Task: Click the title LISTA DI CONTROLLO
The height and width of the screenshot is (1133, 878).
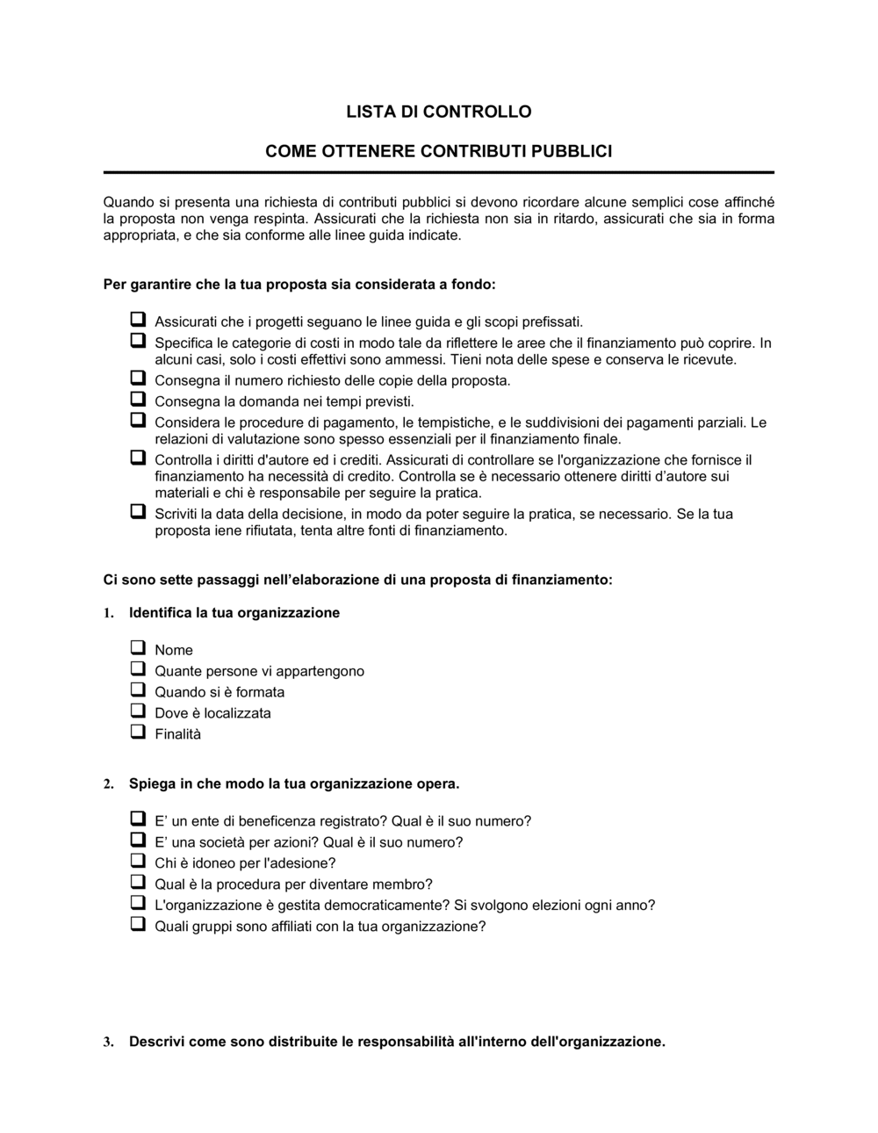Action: pyautogui.click(x=438, y=112)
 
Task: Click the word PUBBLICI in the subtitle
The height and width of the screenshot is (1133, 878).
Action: pyautogui.click(x=572, y=151)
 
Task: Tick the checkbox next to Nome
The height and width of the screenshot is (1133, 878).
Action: pyautogui.click(x=138, y=648)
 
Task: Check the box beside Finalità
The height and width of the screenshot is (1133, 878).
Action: pyautogui.click(x=138, y=732)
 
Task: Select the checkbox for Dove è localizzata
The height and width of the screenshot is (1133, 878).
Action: pyautogui.click(x=138, y=711)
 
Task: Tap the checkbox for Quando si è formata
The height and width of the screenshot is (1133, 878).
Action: pyautogui.click(x=138, y=690)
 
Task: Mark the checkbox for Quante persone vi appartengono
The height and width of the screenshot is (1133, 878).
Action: pyautogui.click(x=138, y=669)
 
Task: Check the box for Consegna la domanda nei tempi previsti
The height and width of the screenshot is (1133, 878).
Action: pyautogui.click(x=138, y=400)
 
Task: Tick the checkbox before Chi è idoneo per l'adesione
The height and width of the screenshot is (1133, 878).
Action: pyautogui.click(x=138, y=862)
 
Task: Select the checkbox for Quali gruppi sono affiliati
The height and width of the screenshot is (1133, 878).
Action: pyautogui.click(x=138, y=925)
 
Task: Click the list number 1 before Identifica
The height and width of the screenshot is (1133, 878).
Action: pyautogui.click(x=108, y=614)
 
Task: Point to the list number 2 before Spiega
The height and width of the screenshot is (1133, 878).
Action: pyautogui.click(x=108, y=784)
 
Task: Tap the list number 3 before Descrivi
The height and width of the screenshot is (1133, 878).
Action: pyautogui.click(x=108, y=1043)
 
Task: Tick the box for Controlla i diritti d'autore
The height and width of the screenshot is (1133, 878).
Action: pyautogui.click(x=138, y=458)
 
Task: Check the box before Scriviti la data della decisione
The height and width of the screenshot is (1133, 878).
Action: pyautogui.click(x=138, y=512)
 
